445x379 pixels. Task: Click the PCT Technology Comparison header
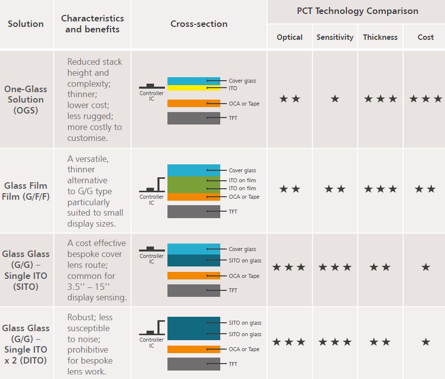point(357,11)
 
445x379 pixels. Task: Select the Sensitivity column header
point(335,37)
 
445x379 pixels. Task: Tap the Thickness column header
point(380,37)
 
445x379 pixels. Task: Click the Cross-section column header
point(199,24)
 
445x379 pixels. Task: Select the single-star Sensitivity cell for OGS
point(335,99)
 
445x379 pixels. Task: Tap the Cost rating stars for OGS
point(426,99)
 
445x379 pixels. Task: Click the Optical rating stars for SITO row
point(290,267)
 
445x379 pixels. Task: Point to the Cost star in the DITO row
point(426,342)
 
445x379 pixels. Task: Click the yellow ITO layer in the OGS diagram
point(193,88)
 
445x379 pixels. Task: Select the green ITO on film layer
point(193,184)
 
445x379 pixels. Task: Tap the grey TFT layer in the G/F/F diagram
point(193,212)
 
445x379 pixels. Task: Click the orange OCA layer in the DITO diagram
point(193,350)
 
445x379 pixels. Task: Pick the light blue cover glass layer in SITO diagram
point(193,249)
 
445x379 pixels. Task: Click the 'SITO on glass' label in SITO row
point(245,260)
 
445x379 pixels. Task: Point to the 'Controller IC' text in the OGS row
point(151,96)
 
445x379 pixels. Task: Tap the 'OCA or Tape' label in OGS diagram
point(244,104)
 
